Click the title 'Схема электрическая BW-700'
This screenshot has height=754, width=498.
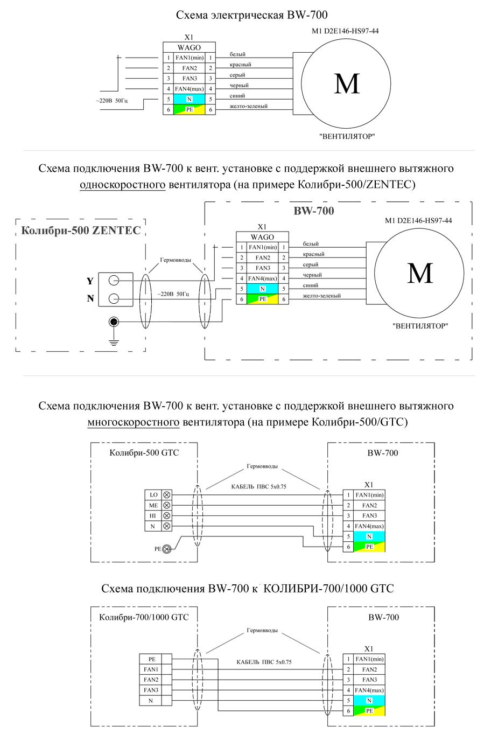point(252,15)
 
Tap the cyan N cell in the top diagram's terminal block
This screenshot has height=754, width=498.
point(189,99)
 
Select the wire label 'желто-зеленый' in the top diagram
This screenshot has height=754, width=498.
point(249,107)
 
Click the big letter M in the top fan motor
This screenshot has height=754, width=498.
point(347,84)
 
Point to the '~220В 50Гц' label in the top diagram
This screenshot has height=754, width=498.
point(112,101)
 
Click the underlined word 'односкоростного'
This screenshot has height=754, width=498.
point(123,184)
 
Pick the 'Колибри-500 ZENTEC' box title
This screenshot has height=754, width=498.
point(81,231)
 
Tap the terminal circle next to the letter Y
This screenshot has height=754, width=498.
point(114,281)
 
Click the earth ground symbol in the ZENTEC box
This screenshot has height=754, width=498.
point(114,343)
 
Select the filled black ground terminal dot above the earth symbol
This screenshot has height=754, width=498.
point(114,322)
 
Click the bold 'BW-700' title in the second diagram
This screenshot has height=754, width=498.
point(313,211)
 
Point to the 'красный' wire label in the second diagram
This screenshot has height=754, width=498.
point(313,254)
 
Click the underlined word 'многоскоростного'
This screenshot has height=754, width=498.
point(134,422)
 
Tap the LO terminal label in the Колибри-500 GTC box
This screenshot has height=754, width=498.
point(153,495)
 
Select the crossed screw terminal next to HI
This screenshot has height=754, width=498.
point(166,516)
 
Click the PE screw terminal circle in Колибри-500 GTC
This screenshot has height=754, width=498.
point(166,549)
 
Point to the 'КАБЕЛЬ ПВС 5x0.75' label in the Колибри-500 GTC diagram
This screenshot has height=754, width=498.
point(259,486)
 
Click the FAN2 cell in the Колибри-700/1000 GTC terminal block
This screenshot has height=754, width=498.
point(151,680)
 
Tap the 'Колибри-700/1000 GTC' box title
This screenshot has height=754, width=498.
point(144,617)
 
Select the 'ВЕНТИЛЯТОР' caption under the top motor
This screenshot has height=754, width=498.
point(347,136)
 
